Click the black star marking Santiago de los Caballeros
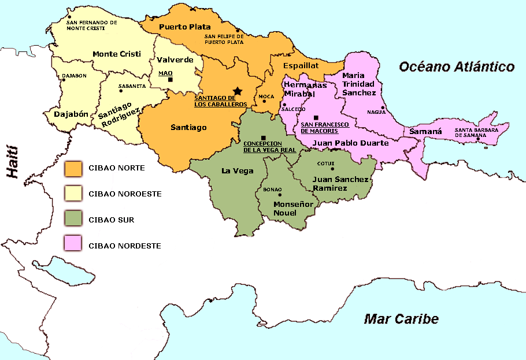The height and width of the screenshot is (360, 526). click(x=236, y=91)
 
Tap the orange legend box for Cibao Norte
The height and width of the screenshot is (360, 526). click(x=73, y=168)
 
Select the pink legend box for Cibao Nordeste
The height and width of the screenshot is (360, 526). click(x=73, y=245)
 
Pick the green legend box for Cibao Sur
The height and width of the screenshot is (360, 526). click(x=73, y=220)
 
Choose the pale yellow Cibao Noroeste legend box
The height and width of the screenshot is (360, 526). click(x=73, y=194)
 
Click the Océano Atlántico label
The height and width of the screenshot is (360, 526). click(x=457, y=67)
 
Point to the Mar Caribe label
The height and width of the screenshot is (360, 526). click(x=401, y=318)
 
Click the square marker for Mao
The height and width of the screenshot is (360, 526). click(x=170, y=79)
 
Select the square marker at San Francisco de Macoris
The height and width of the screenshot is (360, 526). click(x=316, y=117)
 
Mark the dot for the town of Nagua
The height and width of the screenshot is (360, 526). click(x=383, y=107)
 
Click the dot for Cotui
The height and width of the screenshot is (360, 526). click(x=332, y=169)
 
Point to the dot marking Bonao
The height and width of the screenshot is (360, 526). click(x=280, y=195)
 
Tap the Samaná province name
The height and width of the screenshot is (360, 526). click(x=425, y=132)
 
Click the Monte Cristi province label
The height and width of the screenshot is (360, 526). click(x=117, y=54)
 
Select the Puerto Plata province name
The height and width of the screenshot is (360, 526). click(x=184, y=27)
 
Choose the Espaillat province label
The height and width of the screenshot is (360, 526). click(x=301, y=66)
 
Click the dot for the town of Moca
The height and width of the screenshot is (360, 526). click(x=264, y=101)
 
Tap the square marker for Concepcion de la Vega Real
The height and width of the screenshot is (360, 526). click(x=264, y=138)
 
